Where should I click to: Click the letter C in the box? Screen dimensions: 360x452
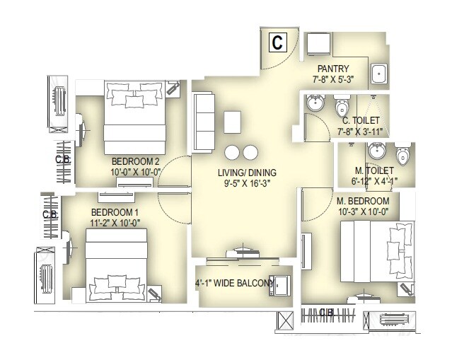(x=277, y=42)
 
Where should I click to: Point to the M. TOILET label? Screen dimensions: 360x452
(x=374, y=171)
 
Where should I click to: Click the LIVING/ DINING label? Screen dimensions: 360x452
(x=247, y=173)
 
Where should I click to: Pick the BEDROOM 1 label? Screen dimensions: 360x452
(x=115, y=212)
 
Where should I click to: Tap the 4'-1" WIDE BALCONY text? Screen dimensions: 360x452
(x=234, y=284)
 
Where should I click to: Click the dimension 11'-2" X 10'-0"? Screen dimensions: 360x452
(x=115, y=223)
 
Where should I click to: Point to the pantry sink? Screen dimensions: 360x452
(x=378, y=73)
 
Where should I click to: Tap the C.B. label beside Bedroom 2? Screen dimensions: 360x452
(x=62, y=160)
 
